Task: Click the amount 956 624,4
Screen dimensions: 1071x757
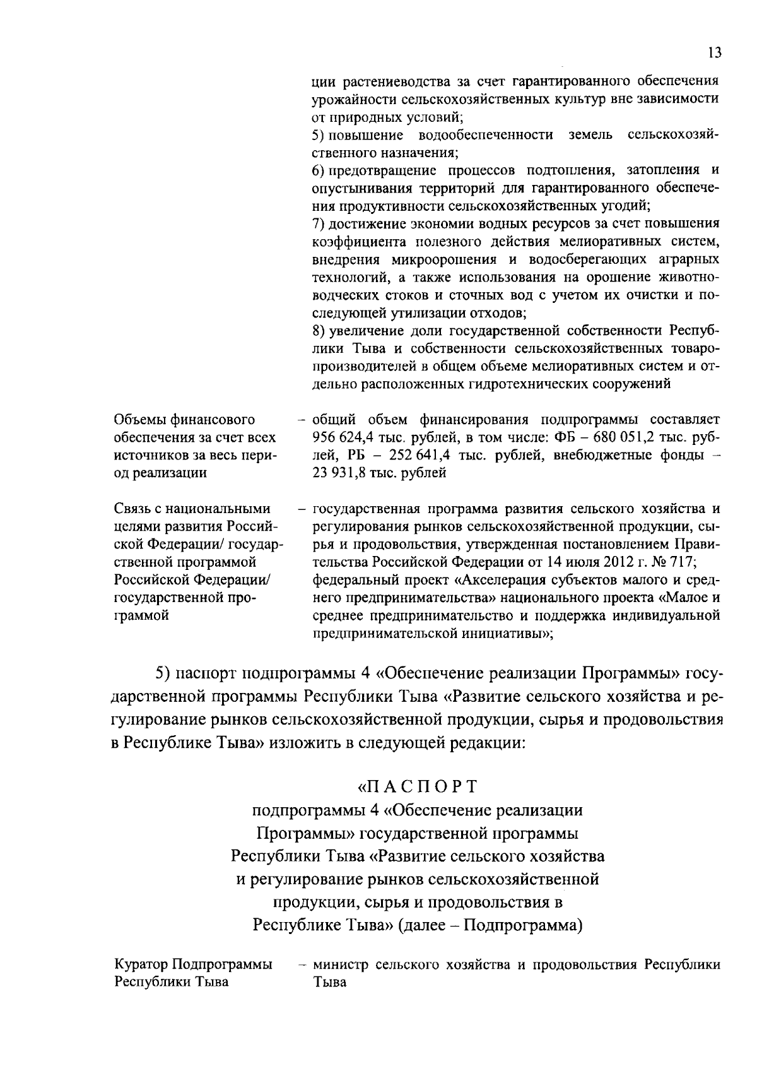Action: [343, 437]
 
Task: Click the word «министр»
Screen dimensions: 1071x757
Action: [341, 965]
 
